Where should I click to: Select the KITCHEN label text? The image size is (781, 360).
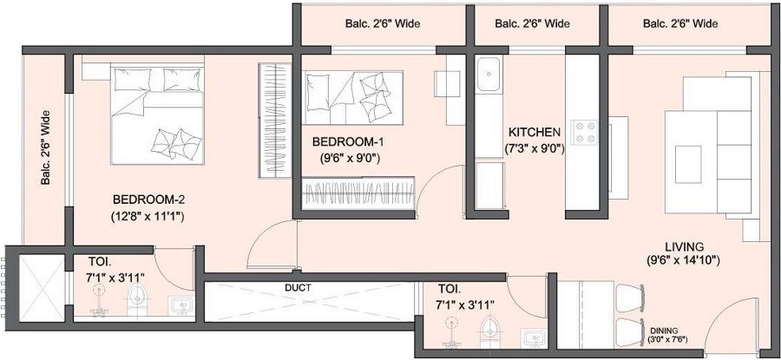535,132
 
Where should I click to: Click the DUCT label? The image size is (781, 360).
298,287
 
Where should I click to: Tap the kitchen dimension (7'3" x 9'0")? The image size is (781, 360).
535,148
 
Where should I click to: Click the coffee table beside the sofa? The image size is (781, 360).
688,160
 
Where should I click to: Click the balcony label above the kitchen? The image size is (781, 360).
533,23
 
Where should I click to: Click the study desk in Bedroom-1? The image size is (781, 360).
450,83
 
